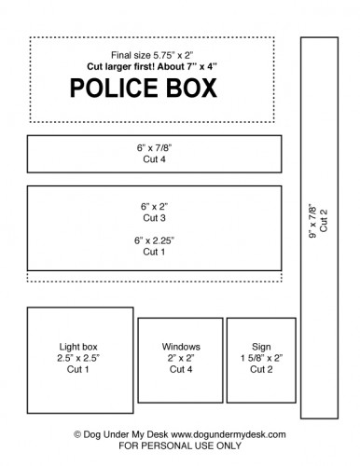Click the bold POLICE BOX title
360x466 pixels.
point(144,89)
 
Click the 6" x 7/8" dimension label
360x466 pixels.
point(154,147)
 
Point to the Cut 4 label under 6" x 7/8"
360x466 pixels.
point(154,159)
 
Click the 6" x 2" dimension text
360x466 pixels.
point(154,204)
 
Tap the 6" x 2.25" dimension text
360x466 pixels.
point(154,240)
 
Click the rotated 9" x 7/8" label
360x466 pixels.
point(312,225)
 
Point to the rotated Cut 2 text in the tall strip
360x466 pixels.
point(324,225)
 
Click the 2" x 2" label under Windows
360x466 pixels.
point(180,357)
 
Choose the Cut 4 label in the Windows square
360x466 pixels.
point(180,369)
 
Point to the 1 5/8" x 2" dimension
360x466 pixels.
point(261,357)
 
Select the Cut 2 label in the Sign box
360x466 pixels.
point(261,369)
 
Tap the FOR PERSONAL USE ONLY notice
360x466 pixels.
point(180,446)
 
